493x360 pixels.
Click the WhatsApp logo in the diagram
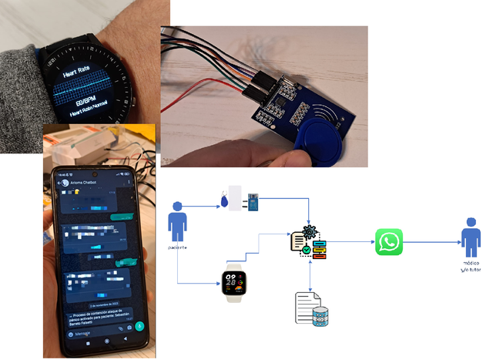[389, 241]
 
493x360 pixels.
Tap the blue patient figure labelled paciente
[177, 222]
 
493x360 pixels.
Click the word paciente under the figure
[177, 247]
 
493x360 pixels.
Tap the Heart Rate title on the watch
[80, 69]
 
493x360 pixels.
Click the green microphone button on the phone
[139, 325]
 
